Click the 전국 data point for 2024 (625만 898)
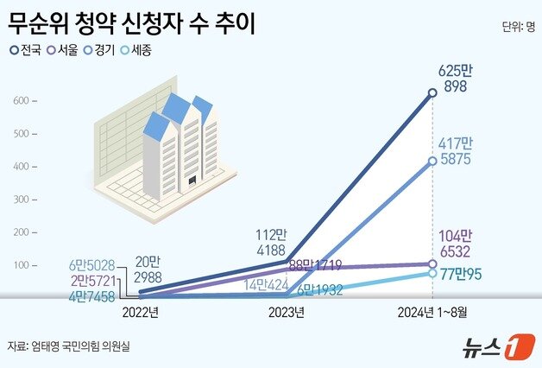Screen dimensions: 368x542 point(432,93)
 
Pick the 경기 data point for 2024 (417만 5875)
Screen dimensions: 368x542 point(432,161)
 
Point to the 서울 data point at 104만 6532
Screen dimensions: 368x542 point(432,263)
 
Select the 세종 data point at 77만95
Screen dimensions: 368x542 point(432,273)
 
